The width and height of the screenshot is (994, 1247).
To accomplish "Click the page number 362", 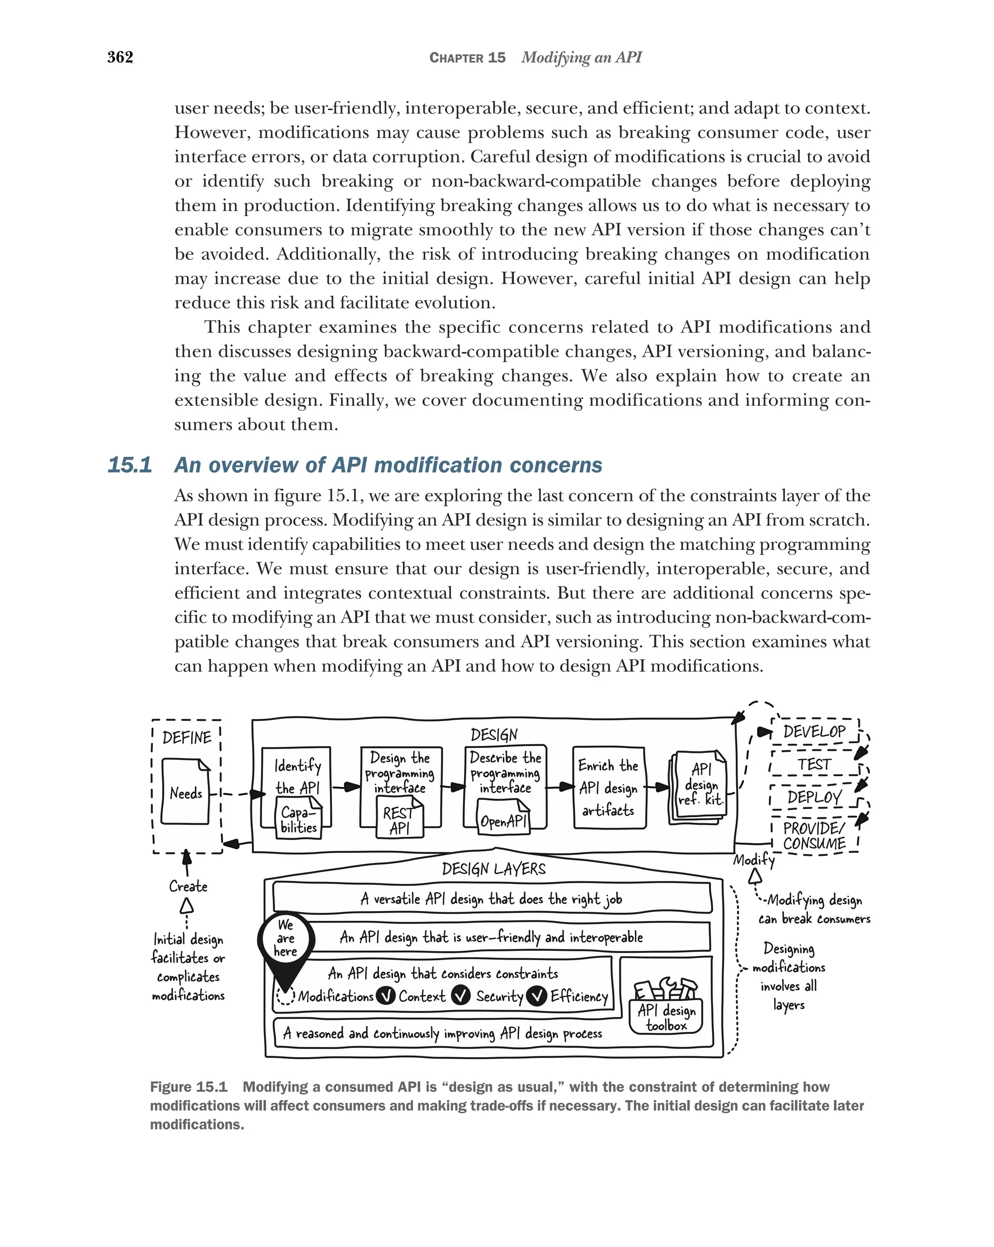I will [x=120, y=57].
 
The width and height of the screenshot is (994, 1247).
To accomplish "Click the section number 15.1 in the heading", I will [x=130, y=465].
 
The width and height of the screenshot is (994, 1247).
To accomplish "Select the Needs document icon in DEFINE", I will [x=185, y=792].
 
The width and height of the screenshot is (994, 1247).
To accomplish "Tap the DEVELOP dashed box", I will [x=815, y=732].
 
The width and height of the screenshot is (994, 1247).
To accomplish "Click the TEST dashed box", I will [x=815, y=765].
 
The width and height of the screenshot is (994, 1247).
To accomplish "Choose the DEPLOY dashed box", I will [x=815, y=798].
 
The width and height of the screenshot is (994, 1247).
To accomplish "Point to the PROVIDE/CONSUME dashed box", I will [x=815, y=836].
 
